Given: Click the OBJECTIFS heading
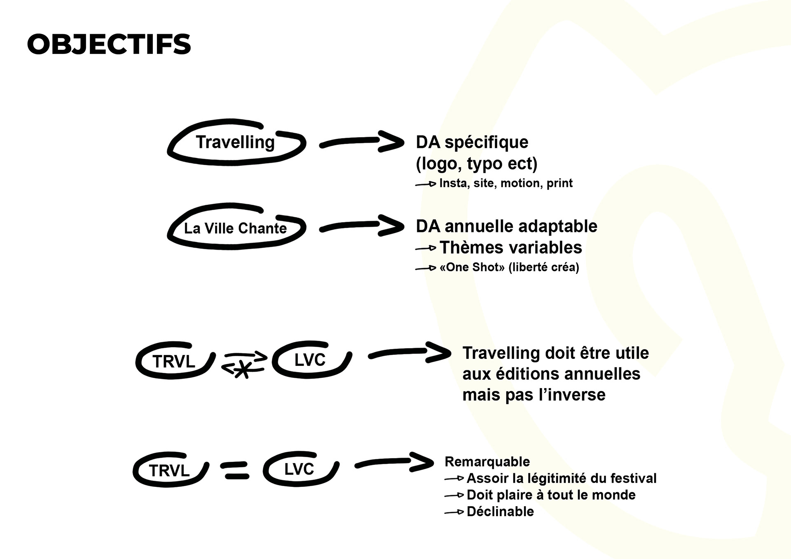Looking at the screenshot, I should [109, 44].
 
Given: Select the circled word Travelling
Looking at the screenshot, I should [235, 143].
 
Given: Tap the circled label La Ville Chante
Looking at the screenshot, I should [235, 228].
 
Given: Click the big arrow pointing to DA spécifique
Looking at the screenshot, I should [361, 142].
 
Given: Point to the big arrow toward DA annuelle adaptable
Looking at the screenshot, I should [361, 226].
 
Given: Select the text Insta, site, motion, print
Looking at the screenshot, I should [505, 183].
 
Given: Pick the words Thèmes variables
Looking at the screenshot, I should [510, 248].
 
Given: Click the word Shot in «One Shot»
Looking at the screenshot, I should [486, 267].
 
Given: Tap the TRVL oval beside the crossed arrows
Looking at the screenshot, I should [174, 361].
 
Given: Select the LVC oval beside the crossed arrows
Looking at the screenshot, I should [310, 360].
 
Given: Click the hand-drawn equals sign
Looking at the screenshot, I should [235, 471].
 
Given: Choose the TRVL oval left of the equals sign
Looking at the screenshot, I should [169, 470].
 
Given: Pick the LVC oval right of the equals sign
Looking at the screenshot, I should [300, 469].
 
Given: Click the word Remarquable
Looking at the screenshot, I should [487, 461].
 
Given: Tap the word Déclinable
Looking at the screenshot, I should [500, 512].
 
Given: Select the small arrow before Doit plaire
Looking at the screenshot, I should [454, 496].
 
